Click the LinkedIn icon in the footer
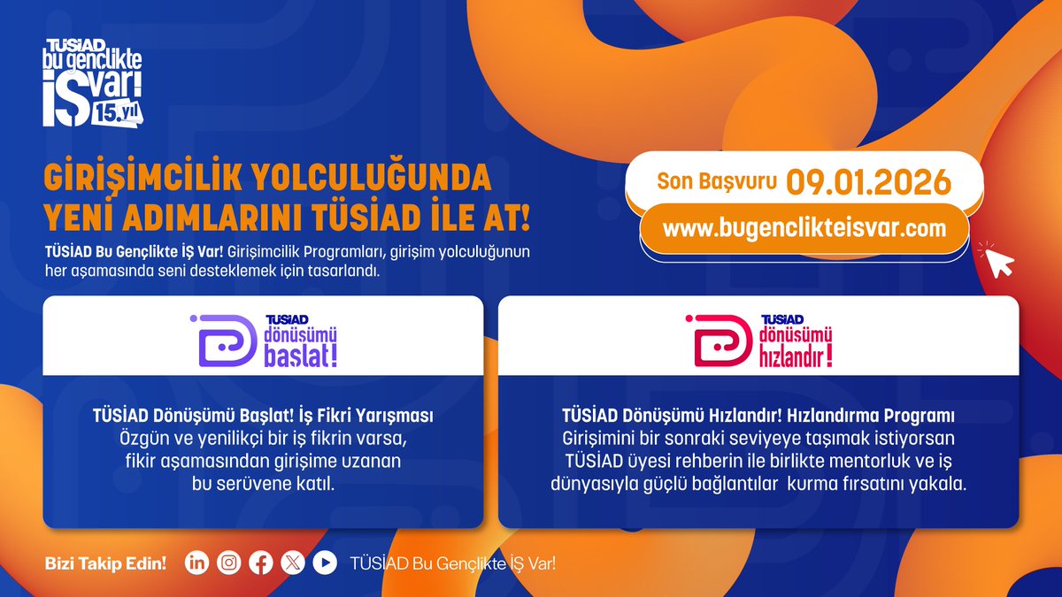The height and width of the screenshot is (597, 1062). tap(196, 563)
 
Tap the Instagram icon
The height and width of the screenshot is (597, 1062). tap(228, 563)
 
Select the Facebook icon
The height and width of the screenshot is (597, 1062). tap(260, 563)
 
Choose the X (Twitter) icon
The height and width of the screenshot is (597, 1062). tap(292, 563)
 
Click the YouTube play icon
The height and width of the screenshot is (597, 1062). tap(325, 563)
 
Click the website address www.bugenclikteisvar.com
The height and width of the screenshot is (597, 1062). tap(804, 227)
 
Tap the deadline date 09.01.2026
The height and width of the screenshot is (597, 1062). tap(868, 182)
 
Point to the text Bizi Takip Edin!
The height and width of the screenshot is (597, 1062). tap(105, 563)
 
